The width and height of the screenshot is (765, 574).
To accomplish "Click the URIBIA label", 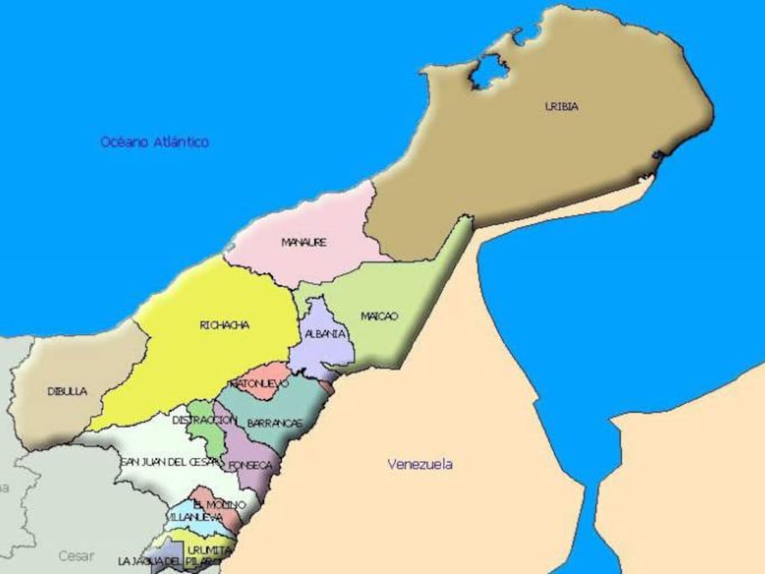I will (562, 107).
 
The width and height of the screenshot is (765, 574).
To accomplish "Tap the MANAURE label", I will (304, 242).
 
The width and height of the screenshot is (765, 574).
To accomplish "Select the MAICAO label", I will (379, 316).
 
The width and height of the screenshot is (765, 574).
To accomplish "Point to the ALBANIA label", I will (326, 334).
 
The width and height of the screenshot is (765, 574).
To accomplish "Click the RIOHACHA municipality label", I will (224, 325).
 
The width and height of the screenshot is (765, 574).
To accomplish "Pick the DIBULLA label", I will (68, 392).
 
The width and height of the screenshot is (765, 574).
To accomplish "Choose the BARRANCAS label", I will (274, 423).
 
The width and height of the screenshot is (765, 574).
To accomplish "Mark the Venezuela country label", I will (420, 464).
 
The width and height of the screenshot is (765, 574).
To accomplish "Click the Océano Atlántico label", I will (154, 142).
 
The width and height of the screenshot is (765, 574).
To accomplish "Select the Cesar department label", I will (76, 556).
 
